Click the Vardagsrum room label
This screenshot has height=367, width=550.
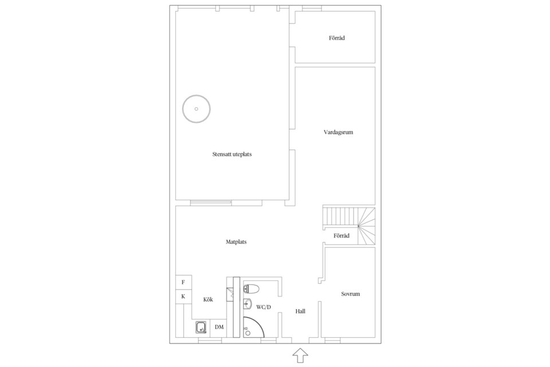point(338,132)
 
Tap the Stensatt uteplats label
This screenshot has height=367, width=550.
point(232,154)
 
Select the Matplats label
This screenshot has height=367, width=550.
point(236,242)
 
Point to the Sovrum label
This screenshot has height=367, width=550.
point(351,294)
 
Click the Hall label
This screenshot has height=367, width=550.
point(300,311)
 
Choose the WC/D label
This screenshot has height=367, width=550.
point(264,307)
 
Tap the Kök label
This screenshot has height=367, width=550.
point(208,299)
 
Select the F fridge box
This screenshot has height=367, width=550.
point(183,282)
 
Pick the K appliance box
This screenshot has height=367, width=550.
point(183,297)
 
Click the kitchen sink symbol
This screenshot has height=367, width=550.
point(201,327)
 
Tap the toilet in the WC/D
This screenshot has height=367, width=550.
point(251,289)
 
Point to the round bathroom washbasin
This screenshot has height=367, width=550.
point(247,304)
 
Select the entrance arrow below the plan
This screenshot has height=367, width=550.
point(300,356)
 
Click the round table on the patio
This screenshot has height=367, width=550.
point(197,109)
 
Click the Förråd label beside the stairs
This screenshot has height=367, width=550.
point(341,236)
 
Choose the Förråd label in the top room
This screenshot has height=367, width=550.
point(337,38)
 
